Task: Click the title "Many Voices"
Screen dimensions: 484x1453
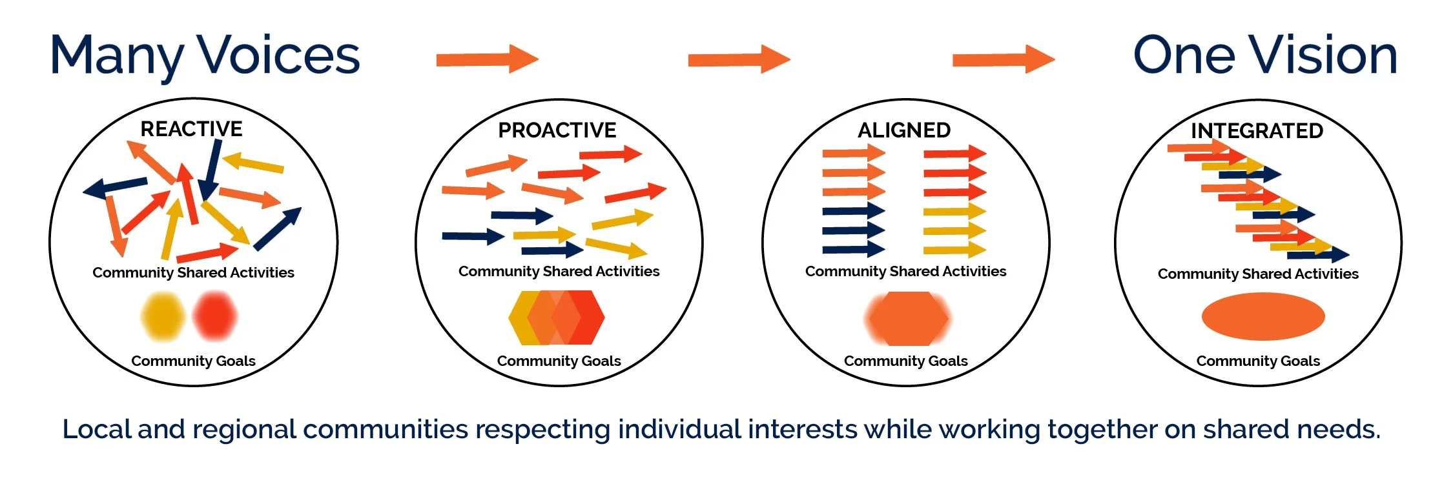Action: [205, 57]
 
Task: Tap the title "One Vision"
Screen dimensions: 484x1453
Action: [1265, 56]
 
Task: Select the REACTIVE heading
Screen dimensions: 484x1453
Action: [191, 129]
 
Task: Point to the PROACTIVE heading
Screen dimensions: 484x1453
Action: [557, 130]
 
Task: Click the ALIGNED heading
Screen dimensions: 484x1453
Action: [904, 130]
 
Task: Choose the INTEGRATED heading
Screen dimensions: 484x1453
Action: [1257, 131]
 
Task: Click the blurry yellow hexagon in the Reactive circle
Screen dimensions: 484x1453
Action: [163, 316]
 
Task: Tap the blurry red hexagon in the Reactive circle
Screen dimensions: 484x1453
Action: [214, 316]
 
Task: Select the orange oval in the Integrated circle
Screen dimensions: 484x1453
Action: [1262, 316]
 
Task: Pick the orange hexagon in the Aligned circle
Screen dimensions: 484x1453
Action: [907, 318]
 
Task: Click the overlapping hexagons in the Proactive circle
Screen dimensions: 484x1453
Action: [557, 318]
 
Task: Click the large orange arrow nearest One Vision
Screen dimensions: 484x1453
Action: [1003, 59]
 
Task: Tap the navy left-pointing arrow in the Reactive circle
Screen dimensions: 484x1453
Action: [115, 187]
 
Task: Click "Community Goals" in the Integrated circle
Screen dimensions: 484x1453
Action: [1258, 361]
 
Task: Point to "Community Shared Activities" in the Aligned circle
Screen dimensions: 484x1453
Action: [905, 272]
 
